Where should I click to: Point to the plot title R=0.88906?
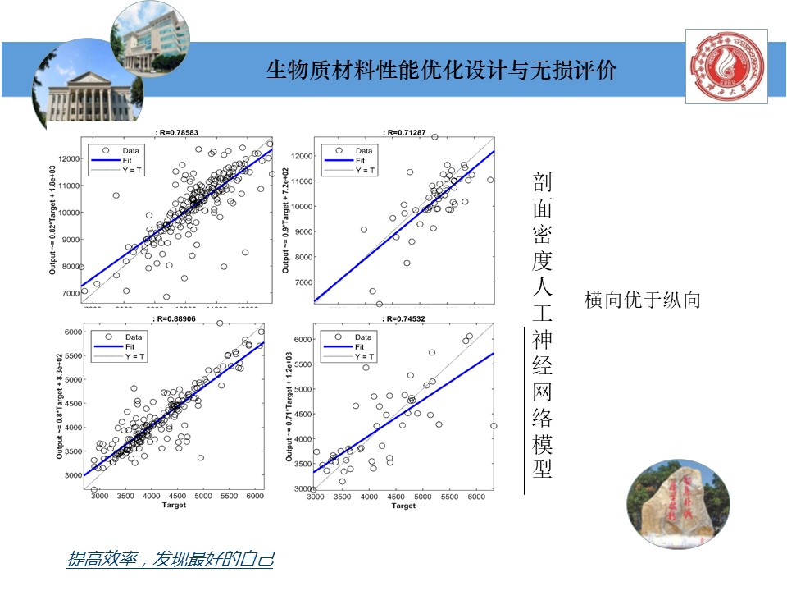click(x=175, y=318)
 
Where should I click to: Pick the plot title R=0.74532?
click(x=404, y=318)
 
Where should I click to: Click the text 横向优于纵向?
click(x=642, y=300)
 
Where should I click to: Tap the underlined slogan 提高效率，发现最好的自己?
click(x=170, y=560)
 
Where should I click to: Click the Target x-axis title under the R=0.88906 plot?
click(x=175, y=505)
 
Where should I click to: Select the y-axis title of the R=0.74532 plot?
click(x=289, y=407)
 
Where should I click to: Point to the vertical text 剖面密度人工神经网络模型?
click(x=542, y=326)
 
